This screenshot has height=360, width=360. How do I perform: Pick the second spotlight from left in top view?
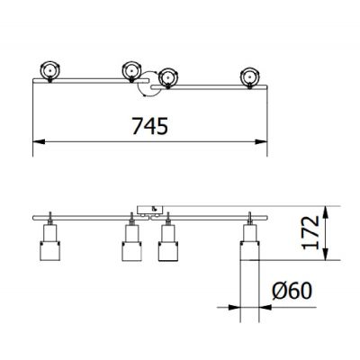tap(132, 70)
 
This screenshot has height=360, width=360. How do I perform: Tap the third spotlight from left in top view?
tap(166, 78)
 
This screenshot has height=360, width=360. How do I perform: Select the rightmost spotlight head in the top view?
tap(249, 76)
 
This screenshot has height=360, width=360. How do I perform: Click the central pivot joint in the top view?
tap(145, 84)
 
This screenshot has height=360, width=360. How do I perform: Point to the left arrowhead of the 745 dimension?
tap(37, 142)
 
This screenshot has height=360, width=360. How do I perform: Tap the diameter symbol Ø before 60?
tap(278, 291)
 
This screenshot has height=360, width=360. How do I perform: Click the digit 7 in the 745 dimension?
tap(134, 126)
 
